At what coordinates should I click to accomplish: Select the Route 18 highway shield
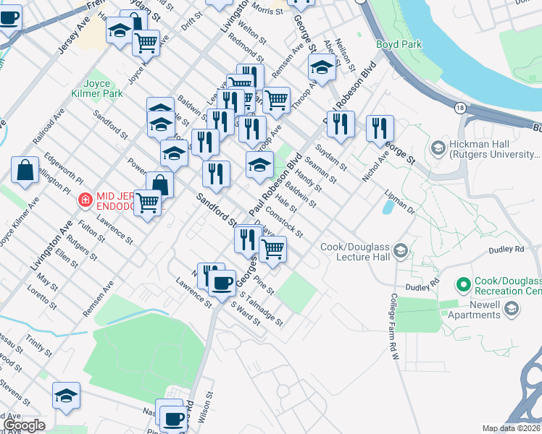point(460,107)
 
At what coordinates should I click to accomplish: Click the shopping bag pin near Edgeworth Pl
point(25,171)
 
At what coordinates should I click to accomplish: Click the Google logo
point(23,425)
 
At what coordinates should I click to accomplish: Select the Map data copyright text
point(512,428)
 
